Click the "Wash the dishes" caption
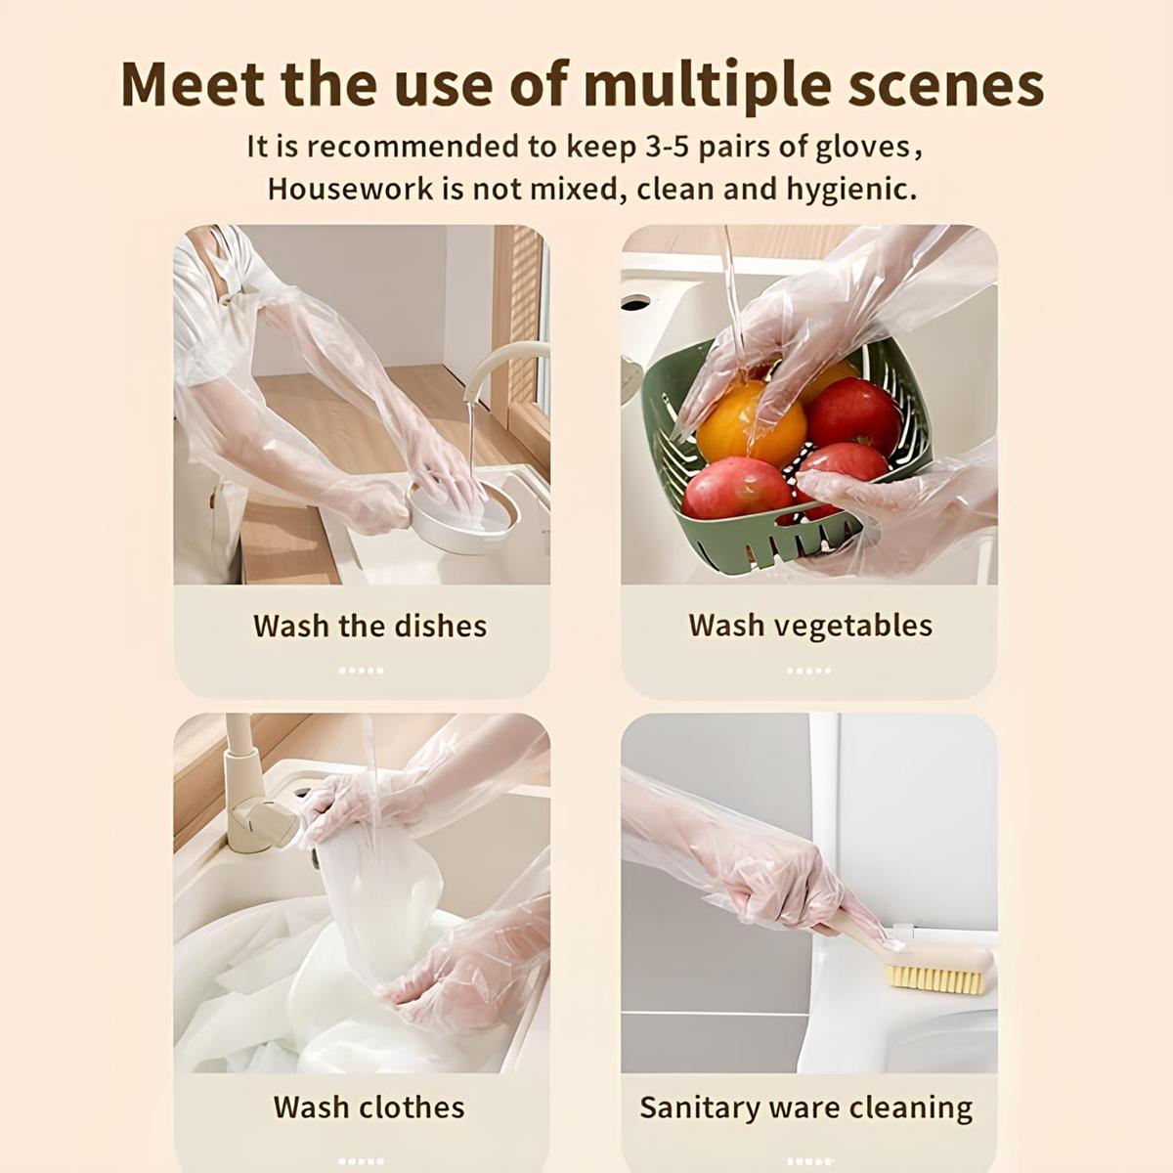(x=369, y=626)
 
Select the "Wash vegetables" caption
(x=809, y=626)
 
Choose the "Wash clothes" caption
(x=369, y=1107)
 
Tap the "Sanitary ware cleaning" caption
(x=805, y=1108)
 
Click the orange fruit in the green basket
(x=751, y=425)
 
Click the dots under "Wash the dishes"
(x=361, y=671)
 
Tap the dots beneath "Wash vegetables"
(x=808, y=671)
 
